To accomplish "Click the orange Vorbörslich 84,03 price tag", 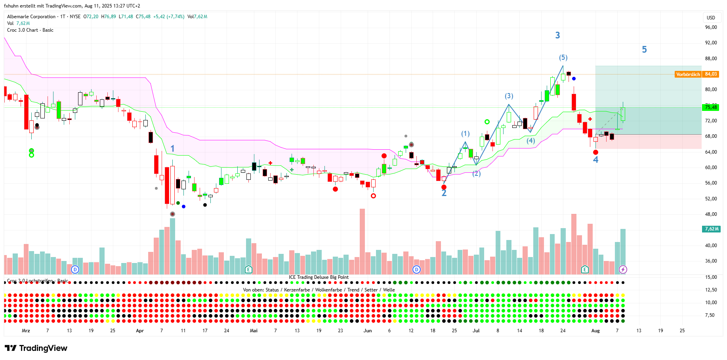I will click(x=696, y=74).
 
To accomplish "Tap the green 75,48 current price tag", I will click(x=711, y=107).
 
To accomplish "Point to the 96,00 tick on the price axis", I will click(x=711, y=27).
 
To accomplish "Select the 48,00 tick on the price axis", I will click(x=711, y=214).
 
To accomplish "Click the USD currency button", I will click(x=711, y=17).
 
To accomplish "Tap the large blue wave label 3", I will click(x=557, y=35).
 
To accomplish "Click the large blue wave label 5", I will click(x=644, y=50).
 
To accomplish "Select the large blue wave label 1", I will click(x=172, y=149).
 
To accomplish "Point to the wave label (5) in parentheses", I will click(x=563, y=57).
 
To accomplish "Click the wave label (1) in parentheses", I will click(x=465, y=134).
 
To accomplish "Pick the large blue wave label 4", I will click(x=595, y=160).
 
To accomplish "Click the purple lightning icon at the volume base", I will click(x=623, y=270).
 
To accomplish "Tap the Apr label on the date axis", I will click(x=140, y=331).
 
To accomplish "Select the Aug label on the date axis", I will click(x=595, y=331).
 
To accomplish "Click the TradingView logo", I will click(x=36, y=348).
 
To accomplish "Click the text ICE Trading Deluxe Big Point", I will click(x=319, y=277).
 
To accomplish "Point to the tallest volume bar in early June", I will click(x=362, y=242).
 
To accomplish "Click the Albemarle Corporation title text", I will click(x=31, y=17).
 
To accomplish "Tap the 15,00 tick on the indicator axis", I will click(x=711, y=277).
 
